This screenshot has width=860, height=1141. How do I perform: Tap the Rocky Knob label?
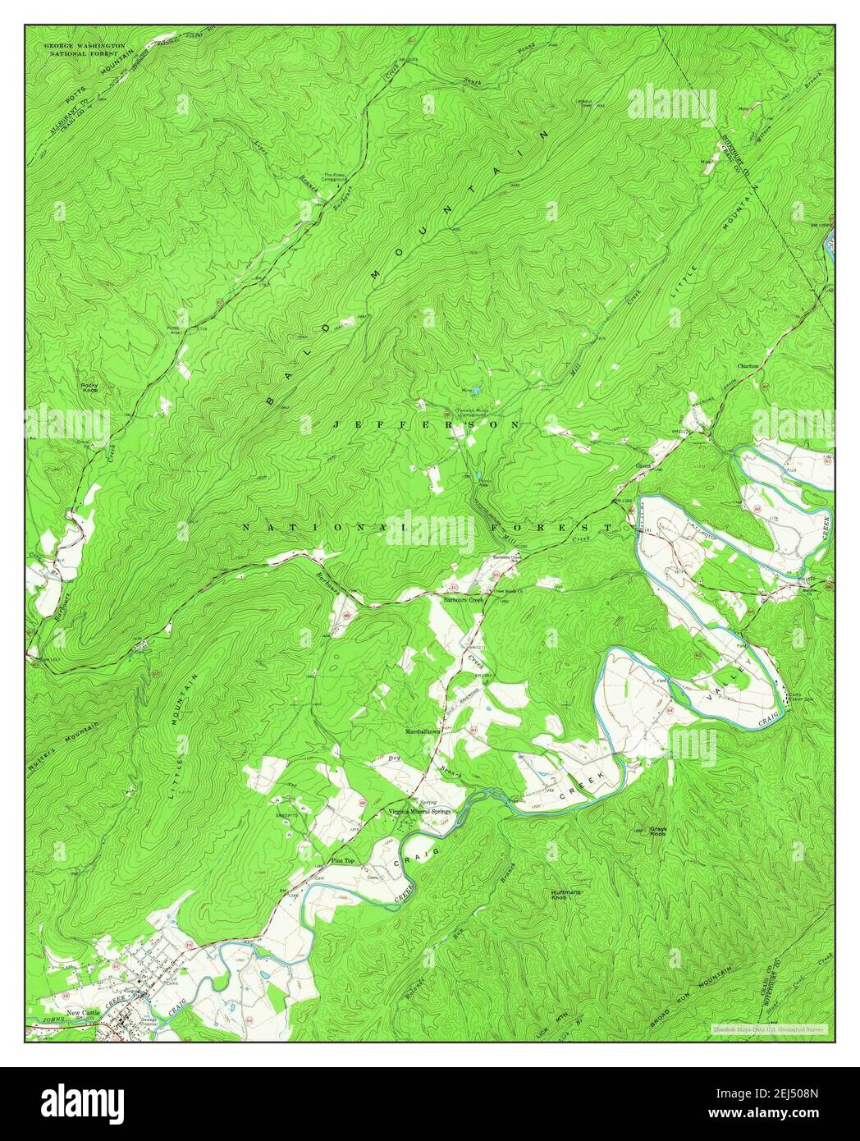[x=89, y=387]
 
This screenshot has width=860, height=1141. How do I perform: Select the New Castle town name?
[x=85, y=1013]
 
